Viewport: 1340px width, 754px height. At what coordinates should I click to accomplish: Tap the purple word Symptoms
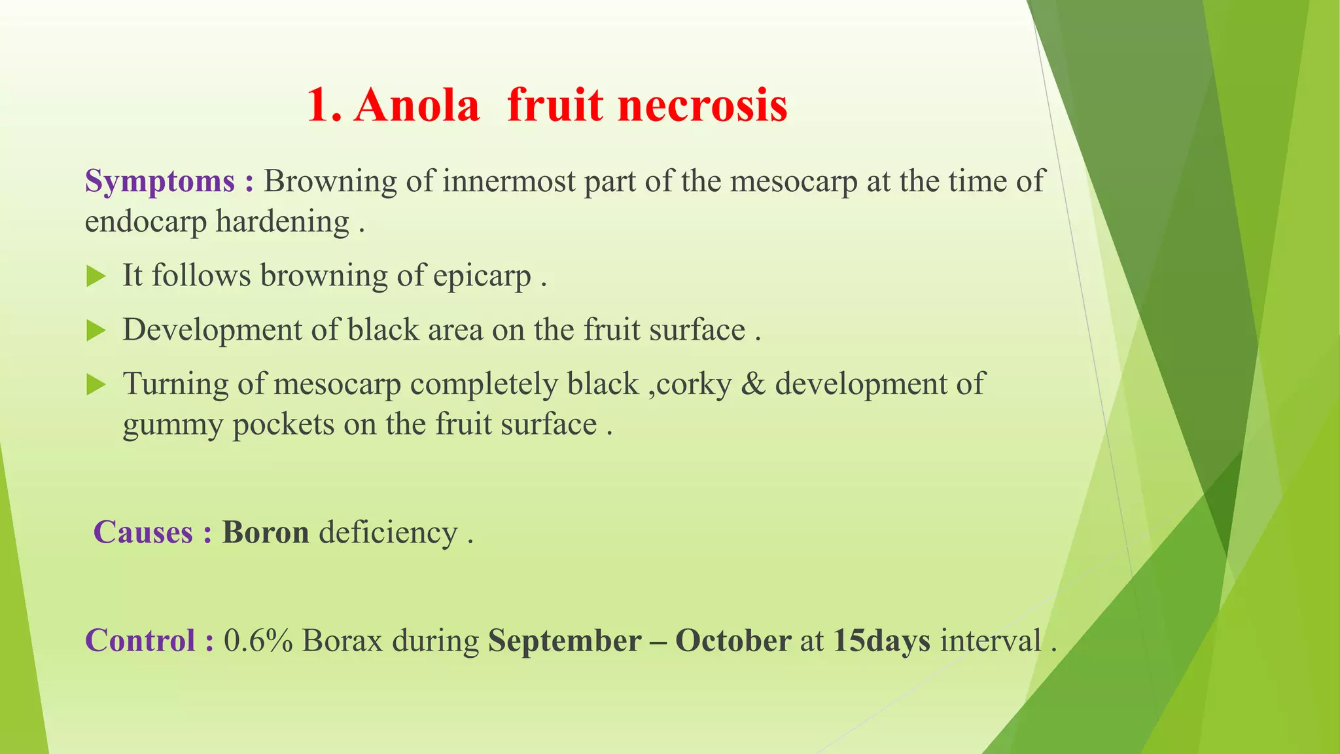(160, 181)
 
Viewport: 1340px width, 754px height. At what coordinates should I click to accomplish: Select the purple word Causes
(143, 531)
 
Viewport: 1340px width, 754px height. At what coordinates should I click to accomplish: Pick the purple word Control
(140, 639)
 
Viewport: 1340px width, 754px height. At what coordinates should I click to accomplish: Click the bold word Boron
(265, 531)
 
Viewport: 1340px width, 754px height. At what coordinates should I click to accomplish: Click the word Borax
(342, 640)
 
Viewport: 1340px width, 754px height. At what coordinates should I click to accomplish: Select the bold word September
(564, 640)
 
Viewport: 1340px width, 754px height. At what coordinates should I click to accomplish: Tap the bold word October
(733, 640)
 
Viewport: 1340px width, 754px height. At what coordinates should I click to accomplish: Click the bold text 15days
(881, 640)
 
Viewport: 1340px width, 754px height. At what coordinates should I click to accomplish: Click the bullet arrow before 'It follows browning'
(96, 276)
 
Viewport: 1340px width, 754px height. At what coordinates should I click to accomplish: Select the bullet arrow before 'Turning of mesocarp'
(96, 385)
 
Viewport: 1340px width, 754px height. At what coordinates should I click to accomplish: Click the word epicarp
(482, 276)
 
